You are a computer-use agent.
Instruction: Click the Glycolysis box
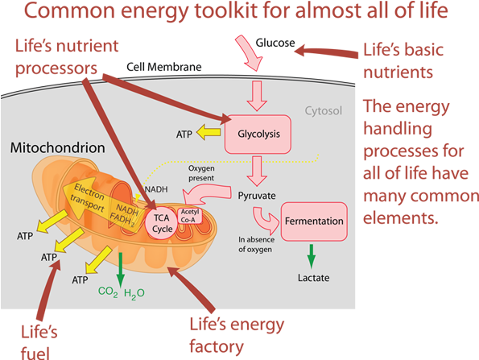[x=258, y=134]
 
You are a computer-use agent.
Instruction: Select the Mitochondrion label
[x=58, y=149]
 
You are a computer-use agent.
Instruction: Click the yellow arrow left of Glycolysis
[x=213, y=133]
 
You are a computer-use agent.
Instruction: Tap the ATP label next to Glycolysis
[x=184, y=134]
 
